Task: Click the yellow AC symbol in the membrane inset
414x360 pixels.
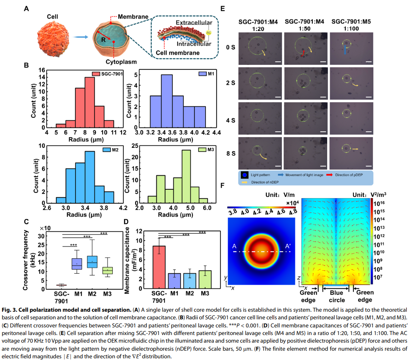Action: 208,32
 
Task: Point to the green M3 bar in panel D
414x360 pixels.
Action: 205,279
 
